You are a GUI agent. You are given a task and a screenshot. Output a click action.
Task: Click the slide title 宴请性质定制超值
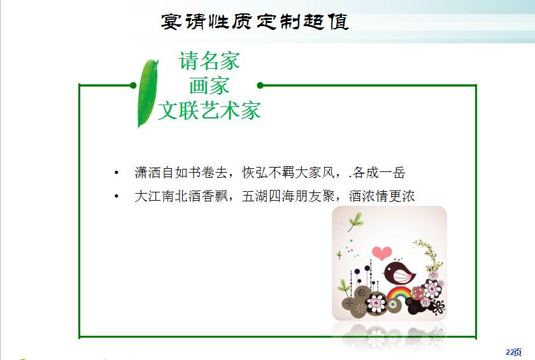tap(255, 22)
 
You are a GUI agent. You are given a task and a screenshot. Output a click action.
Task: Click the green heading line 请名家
tap(210, 61)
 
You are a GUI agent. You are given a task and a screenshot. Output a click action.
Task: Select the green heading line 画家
tap(210, 85)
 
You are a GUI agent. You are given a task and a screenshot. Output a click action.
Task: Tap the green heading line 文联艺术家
tap(210, 110)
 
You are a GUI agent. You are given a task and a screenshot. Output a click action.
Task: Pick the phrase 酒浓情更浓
tap(382, 196)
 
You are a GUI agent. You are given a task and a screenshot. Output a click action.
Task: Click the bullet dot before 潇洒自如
tap(117, 173)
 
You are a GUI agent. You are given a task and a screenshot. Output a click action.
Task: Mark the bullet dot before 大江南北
tap(117, 196)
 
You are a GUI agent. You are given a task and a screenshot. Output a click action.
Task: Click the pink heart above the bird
tap(382, 253)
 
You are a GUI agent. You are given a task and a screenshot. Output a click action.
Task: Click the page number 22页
tap(513, 352)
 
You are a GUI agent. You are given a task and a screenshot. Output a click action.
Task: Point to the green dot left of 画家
tap(133, 85)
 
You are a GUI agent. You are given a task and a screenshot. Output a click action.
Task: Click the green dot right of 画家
tap(260, 85)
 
